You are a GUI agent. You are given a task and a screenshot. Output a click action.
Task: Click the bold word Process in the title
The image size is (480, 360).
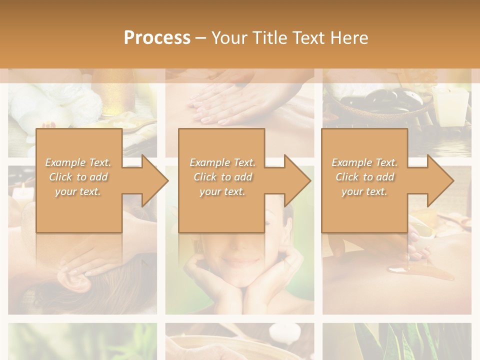pyautogui.click(x=157, y=37)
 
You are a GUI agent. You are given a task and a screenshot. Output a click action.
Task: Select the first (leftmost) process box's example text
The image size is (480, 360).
pyautogui.click(x=78, y=177)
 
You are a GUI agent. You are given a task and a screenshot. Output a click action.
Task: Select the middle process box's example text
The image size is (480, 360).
pyautogui.click(x=222, y=177)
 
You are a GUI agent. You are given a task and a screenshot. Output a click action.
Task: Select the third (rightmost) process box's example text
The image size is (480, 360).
pyautogui.click(x=364, y=177)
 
